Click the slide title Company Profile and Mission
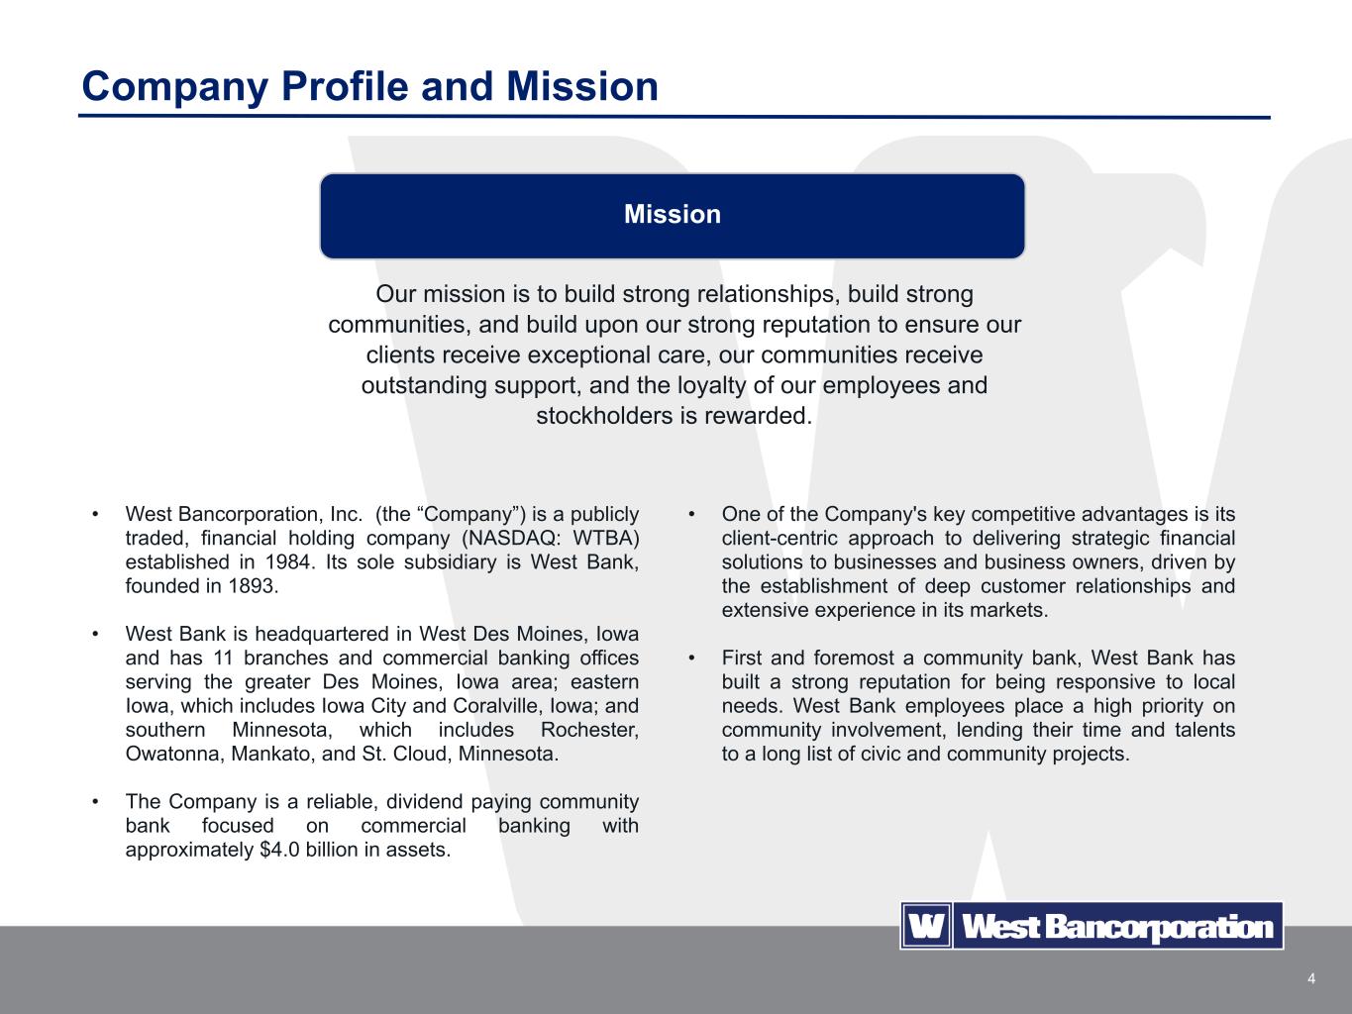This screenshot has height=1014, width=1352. [x=369, y=87]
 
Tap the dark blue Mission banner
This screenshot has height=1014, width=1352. [x=672, y=215]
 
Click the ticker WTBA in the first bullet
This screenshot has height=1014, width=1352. [x=605, y=538]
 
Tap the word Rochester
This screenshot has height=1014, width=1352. [x=589, y=730]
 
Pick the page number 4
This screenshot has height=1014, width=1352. [x=1311, y=979]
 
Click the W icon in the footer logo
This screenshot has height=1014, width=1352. [x=926, y=927]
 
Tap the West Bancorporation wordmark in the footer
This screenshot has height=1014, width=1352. [x=1117, y=927]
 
